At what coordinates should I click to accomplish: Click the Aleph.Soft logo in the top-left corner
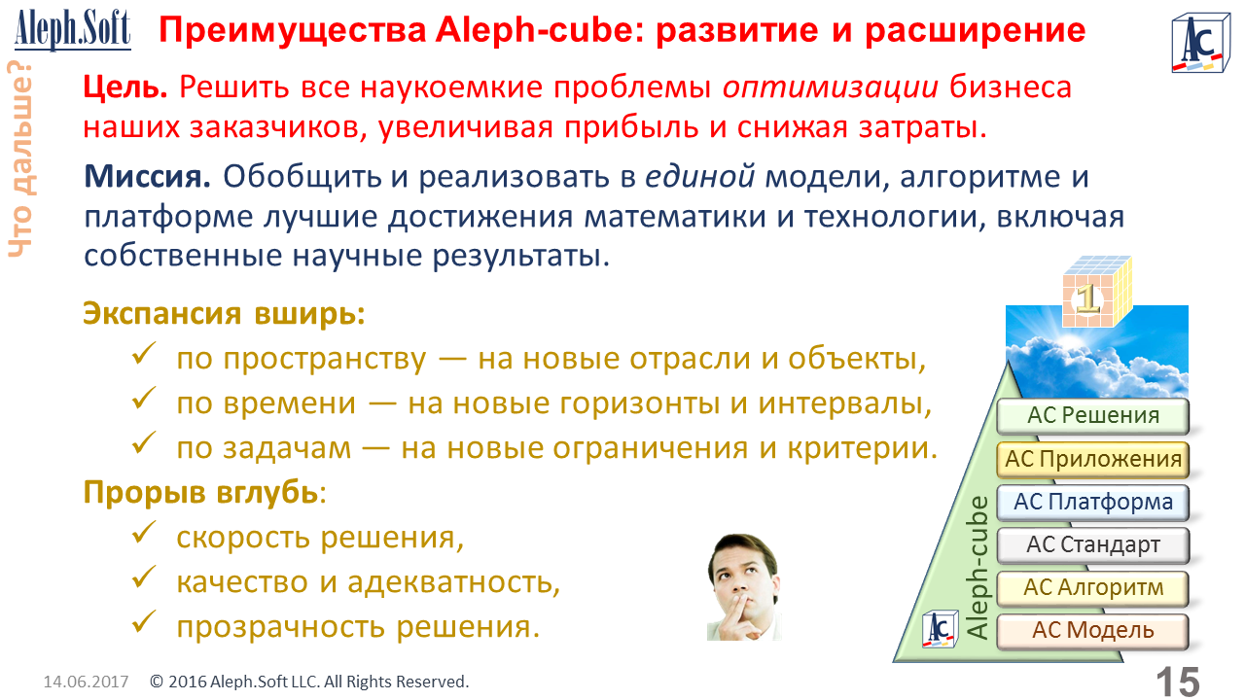(73, 29)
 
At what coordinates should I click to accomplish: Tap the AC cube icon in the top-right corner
(1200, 44)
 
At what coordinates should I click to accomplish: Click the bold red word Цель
(125, 87)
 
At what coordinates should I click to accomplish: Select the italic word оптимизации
(831, 87)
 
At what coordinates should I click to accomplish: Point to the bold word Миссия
(147, 176)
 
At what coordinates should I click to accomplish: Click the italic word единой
(699, 177)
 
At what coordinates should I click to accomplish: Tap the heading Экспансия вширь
(224, 314)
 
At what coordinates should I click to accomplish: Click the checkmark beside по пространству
(144, 354)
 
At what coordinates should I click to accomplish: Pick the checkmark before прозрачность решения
(144, 621)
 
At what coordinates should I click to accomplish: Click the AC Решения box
(1092, 416)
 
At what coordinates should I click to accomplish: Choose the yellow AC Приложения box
(1092, 460)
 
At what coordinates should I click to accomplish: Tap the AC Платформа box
(1092, 503)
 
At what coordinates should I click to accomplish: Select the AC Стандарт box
(1092, 545)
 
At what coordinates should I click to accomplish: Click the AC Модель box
(1092, 631)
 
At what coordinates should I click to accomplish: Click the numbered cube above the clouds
(1096, 292)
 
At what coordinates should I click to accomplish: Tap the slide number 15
(1178, 682)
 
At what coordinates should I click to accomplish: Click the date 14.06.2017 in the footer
(87, 682)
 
